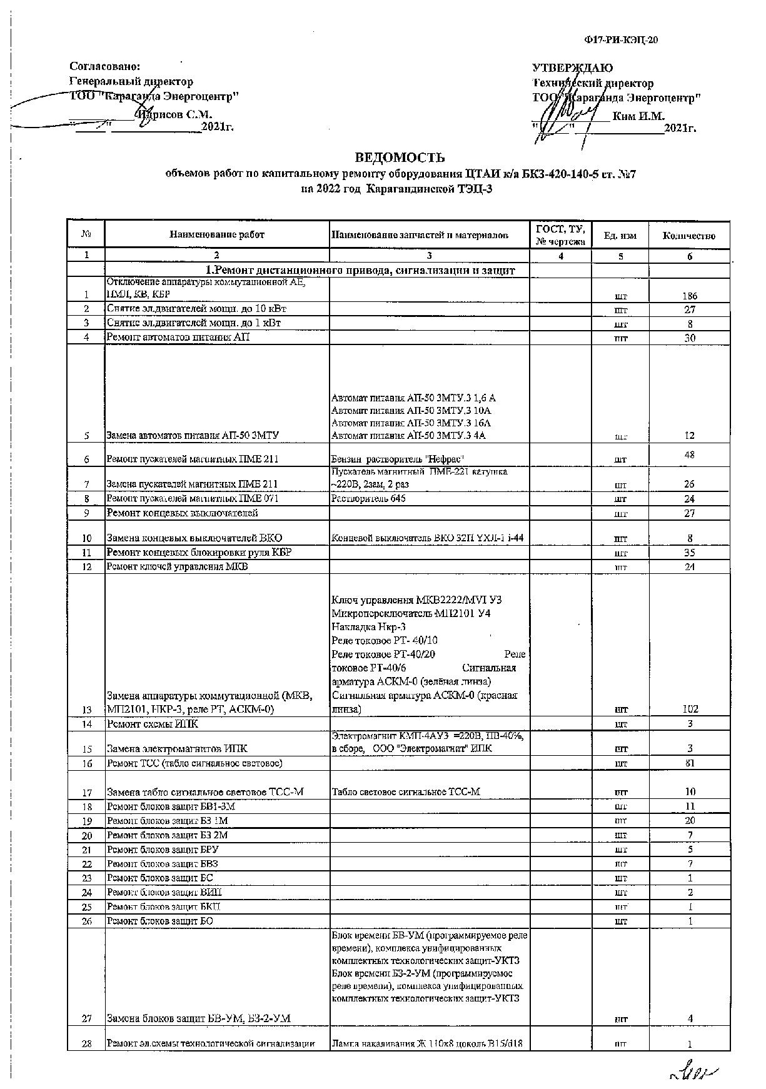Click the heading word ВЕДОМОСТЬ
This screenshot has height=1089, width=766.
point(400,158)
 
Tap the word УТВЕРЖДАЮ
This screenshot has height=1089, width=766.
point(572,68)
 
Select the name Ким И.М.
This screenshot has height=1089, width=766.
point(638,116)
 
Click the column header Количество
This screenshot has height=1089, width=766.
point(688,236)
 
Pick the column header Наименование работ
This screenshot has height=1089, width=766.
point(216,235)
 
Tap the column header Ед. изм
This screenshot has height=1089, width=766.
point(620,236)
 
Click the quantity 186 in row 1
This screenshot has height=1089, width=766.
point(689,296)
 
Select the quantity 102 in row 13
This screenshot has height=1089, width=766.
point(690,710)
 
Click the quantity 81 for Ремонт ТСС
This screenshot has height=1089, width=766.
point(690,763)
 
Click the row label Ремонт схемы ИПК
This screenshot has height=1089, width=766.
point(153,725)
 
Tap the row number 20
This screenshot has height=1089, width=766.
point(86,836)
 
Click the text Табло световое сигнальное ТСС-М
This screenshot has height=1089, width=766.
point(406,792)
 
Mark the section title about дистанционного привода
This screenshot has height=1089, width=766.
point(361,270)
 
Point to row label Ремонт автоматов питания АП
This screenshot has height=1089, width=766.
point(178,338)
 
